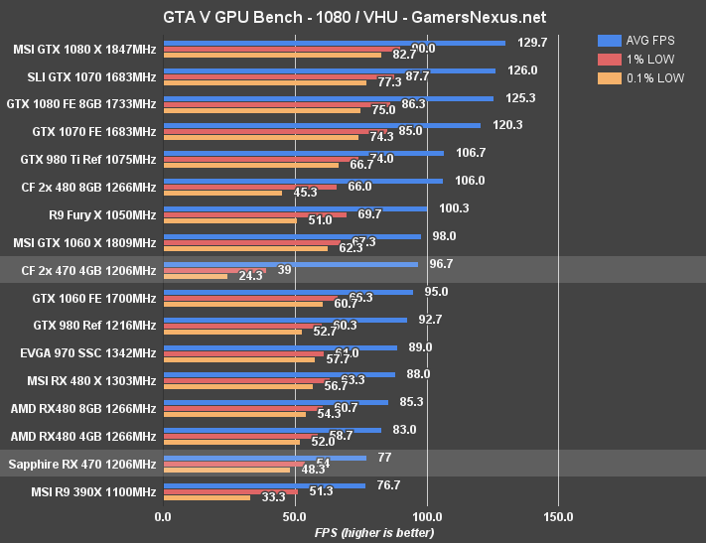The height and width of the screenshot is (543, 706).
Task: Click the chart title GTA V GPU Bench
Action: pos(353,17)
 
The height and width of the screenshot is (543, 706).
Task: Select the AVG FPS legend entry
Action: pos(650,41)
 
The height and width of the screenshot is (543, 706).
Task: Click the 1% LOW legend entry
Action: pos(646,59)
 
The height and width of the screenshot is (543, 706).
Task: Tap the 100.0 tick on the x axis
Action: pos(427,516)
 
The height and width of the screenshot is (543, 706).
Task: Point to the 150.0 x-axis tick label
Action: pos(558,516)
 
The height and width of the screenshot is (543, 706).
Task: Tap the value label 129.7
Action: pos(532,43)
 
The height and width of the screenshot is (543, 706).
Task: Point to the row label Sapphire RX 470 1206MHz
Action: pos(81,464)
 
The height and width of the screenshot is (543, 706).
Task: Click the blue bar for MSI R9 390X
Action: pos(263,485)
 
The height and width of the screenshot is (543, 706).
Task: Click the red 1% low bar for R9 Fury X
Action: pos(254,214)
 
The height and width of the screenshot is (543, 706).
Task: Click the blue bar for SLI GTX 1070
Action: pos(329,70)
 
